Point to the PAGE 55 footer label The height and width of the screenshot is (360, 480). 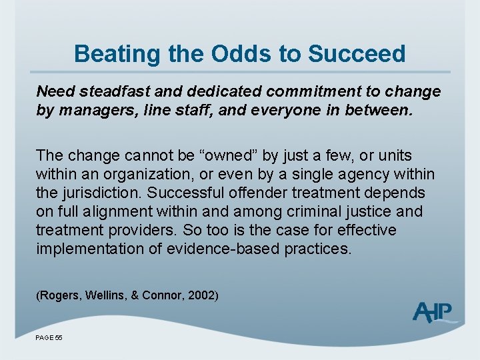49,338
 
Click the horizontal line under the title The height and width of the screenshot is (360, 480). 240,71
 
